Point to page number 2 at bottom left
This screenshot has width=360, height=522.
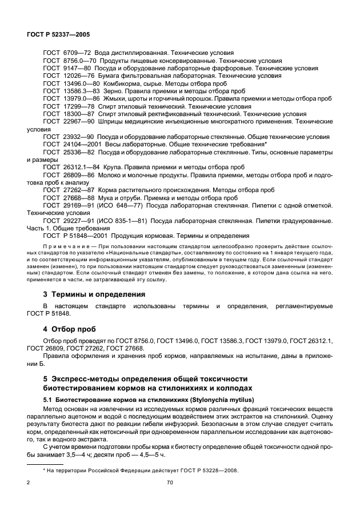tap(29, 483)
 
